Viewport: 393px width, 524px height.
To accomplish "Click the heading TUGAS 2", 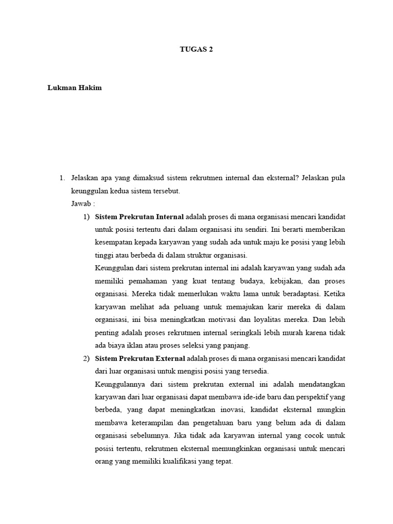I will tap(196, 50).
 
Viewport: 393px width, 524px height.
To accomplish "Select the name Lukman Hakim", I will tap(75, 88).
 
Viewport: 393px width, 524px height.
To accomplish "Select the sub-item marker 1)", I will tap(86, 216).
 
